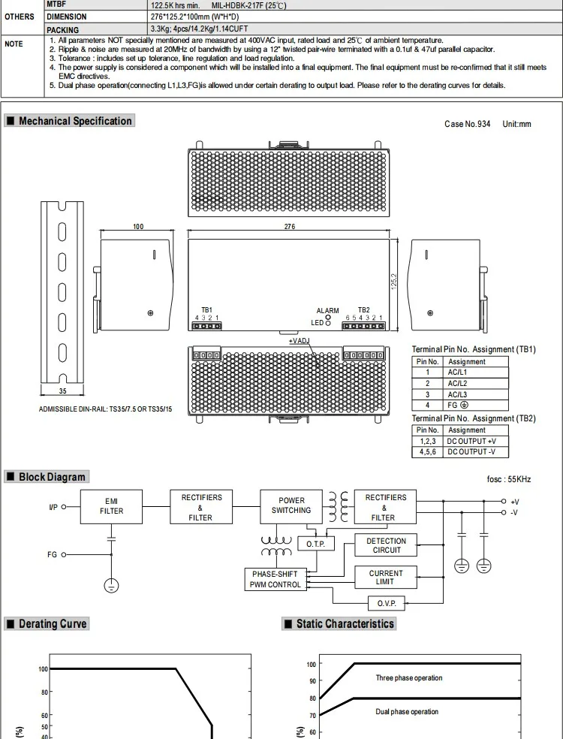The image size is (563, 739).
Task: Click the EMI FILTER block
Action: click(x=111, y=507)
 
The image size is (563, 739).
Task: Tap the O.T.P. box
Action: click(x=316, y=544)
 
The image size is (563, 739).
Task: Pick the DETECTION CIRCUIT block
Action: click(x=386, y=545)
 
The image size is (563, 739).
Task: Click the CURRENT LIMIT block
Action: click(x=386, y=578)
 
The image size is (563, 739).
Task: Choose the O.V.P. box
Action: click(x=387, y=603)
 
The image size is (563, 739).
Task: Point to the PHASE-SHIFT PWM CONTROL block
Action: click(x=275, y=579)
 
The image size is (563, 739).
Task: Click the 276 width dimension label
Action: click(x=289, y=227)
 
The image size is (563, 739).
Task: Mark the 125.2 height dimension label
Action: click(x=394, y=282)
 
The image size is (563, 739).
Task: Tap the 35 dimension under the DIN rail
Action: click(x=62, y=391)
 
